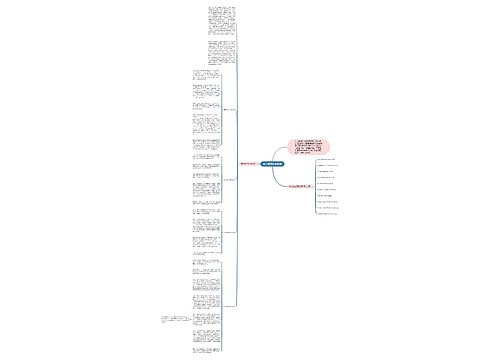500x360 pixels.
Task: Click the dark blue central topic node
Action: click(272, 163)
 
